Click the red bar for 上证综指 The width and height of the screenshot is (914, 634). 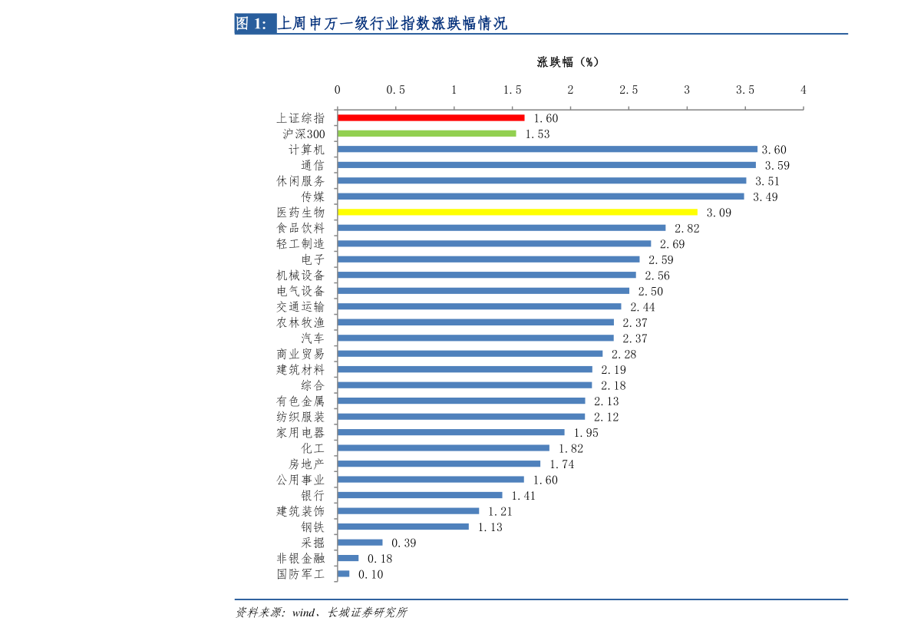coord(431,117)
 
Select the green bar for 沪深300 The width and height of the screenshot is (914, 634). coord(427,134)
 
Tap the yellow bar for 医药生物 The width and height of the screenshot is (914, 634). coord(517,213)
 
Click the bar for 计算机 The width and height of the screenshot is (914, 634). coord(547,150)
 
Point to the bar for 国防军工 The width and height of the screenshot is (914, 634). coord(343,574)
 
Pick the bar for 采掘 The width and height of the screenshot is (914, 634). coord(360,543)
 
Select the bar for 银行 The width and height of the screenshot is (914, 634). coord(420,495)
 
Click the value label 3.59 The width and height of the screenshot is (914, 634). coord(777,166)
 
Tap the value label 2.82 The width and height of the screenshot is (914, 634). coord(688,229)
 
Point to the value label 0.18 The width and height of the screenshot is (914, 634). coord(380,559)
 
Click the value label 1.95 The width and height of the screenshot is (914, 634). coord(586,433)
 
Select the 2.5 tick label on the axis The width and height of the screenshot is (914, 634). coord(629,90)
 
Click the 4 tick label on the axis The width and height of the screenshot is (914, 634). coord(803,90)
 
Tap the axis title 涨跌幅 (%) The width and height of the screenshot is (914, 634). coord(568,62)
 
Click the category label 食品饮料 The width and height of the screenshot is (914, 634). coord(300,228)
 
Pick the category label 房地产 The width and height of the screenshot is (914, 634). coord(307,464)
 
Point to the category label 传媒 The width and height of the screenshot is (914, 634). coord(312,196)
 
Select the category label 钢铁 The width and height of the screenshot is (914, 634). coord(312,527)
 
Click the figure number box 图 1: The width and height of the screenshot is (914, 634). coord(256,23)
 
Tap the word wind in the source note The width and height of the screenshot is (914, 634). coord(304,613)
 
